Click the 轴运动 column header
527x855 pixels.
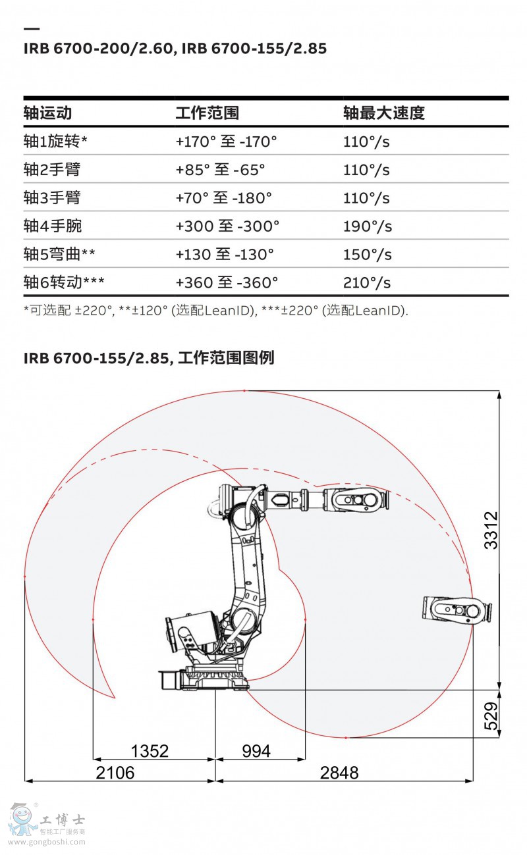(x=47, y=113)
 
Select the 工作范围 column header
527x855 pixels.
(x=208, y=113)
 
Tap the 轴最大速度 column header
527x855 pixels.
(x=384, y=113)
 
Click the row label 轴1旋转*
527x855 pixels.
(x=55, y=142)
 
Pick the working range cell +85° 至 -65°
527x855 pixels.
(x=220, y=169)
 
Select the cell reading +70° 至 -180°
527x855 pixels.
(x=224, y=197)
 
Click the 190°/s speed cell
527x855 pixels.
(x=368, y=226)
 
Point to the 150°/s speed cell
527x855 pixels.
(x=368, y=254)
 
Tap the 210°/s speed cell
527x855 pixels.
(x=367, y=282)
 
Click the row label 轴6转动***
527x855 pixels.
(x=64, y=282)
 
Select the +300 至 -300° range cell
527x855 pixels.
(x=228, y=226)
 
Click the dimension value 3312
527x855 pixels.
(x=491, y=531)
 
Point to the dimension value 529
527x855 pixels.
(x=491, y=716)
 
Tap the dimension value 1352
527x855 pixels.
(x=150, y=751)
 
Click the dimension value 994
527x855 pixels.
(x=256, y=751)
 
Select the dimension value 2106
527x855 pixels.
(x=115, y=773)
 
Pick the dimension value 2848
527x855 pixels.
(x=339, y=773)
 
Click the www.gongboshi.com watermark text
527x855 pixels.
(x=47, y=842)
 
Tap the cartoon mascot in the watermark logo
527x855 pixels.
(x=22, y=820)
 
